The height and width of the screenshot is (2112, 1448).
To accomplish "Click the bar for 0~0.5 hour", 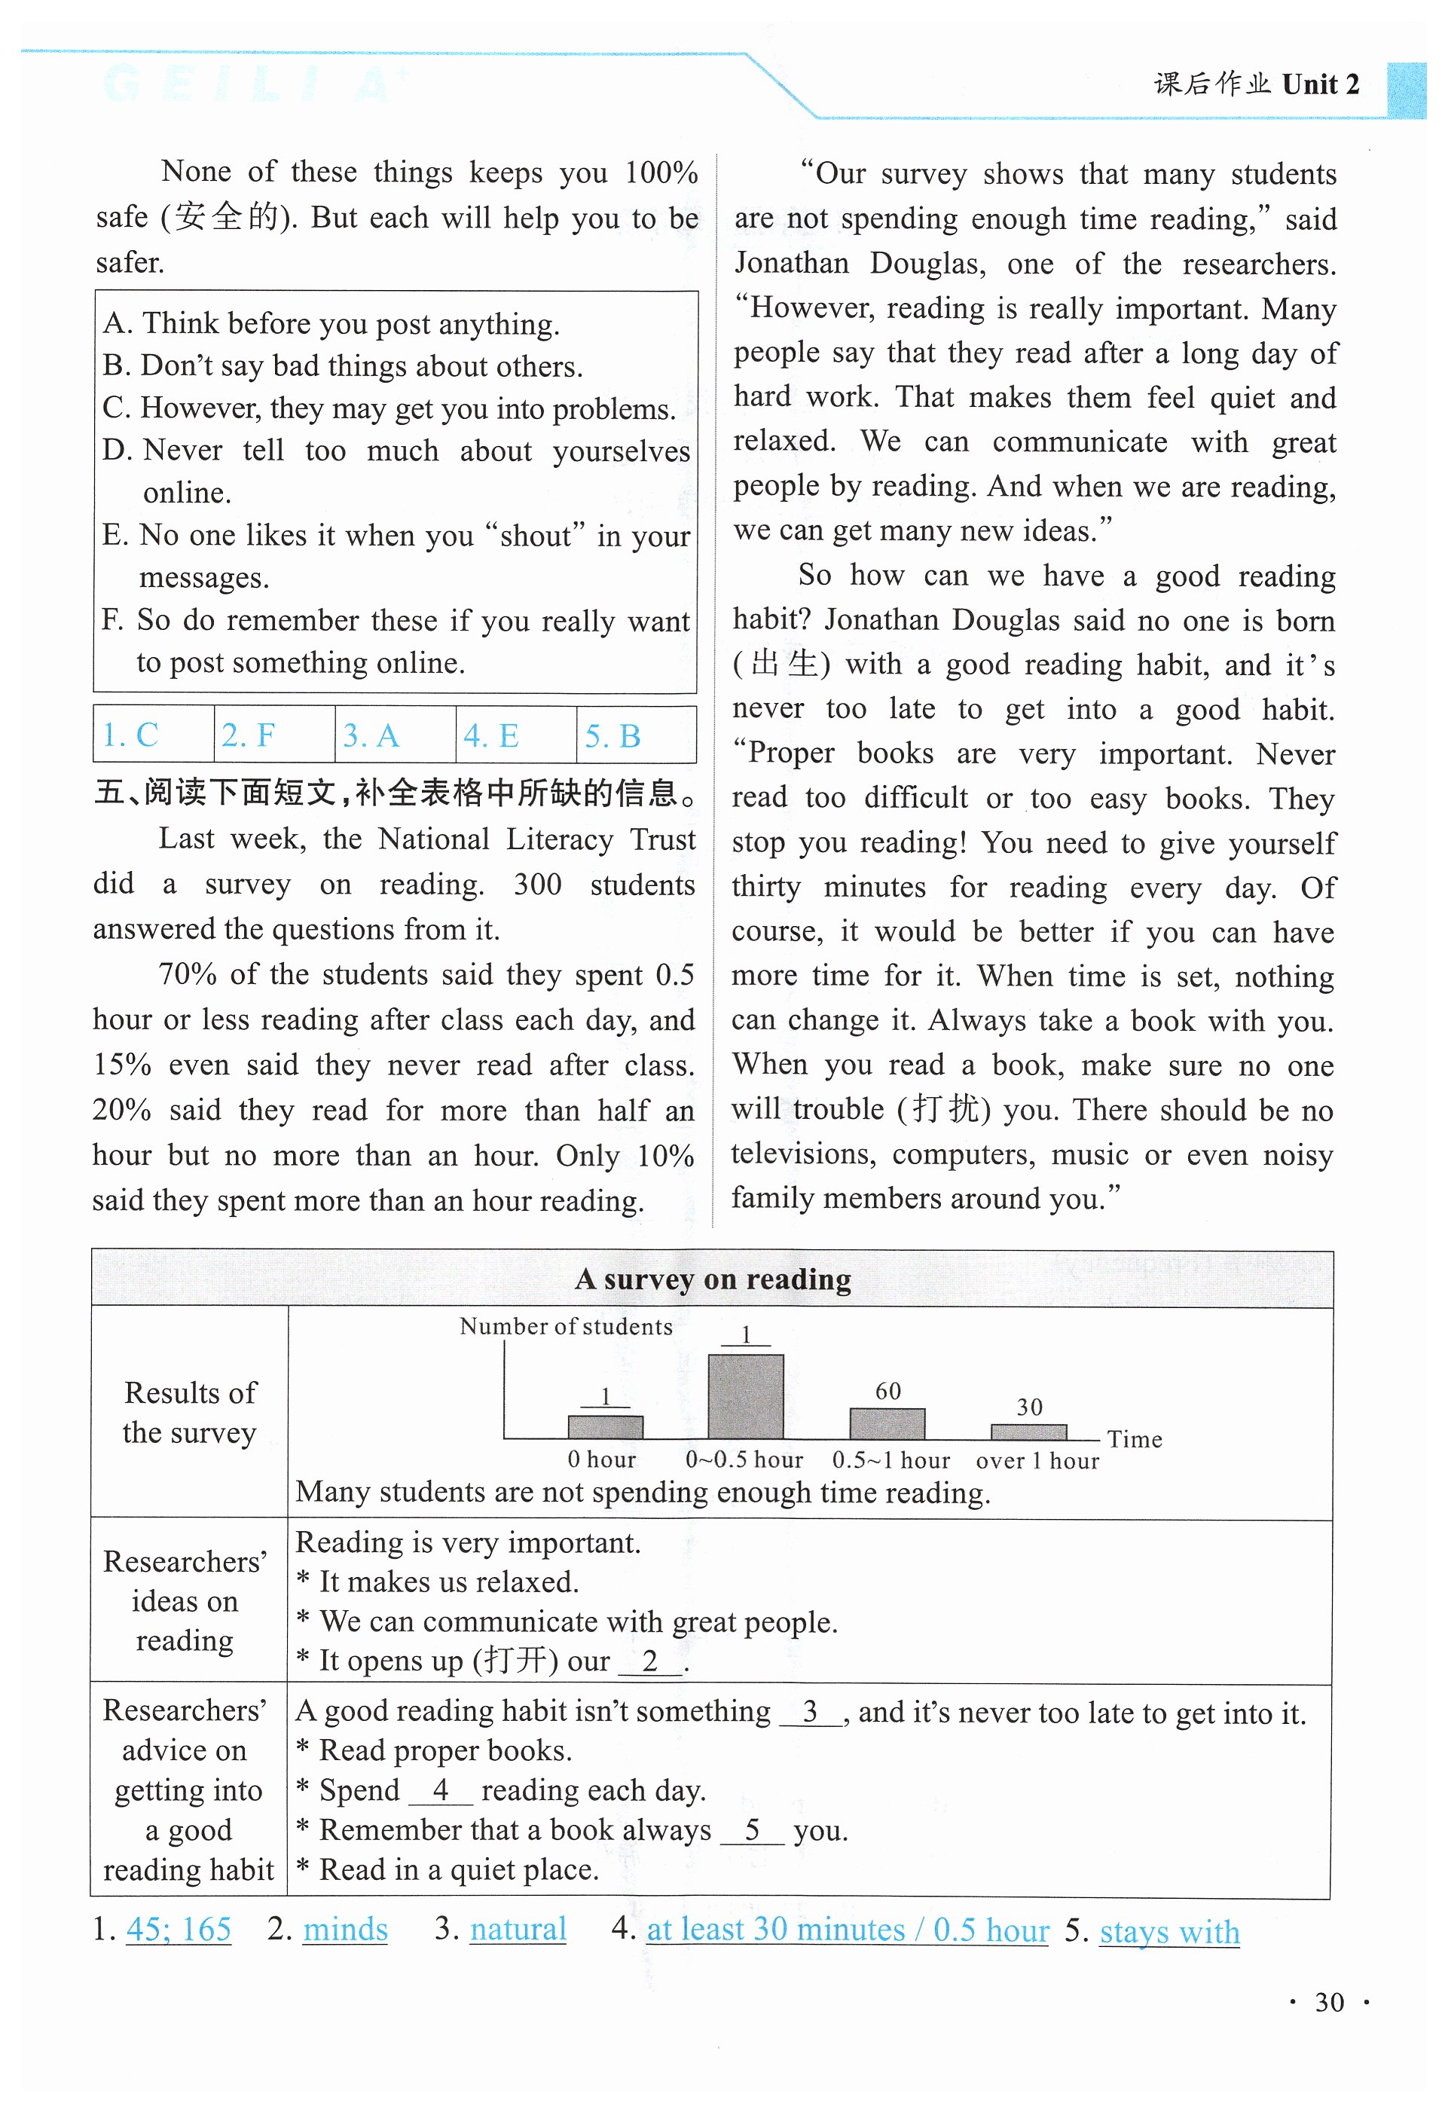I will [745, 1396].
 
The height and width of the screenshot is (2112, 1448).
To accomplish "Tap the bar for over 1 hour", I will [1028, 1432].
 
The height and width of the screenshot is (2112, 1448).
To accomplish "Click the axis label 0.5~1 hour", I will [890, 1459].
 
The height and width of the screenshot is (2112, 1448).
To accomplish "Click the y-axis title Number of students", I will [565, 1326].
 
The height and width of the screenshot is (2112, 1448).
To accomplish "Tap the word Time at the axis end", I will [1134, 1438].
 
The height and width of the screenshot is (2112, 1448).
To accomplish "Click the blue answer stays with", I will [1169, 1931].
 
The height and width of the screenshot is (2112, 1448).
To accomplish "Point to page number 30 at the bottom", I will [1328, 2002].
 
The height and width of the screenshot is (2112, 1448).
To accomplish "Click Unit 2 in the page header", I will [1320, 84].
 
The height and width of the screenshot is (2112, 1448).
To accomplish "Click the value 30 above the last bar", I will [1028, 1407].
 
